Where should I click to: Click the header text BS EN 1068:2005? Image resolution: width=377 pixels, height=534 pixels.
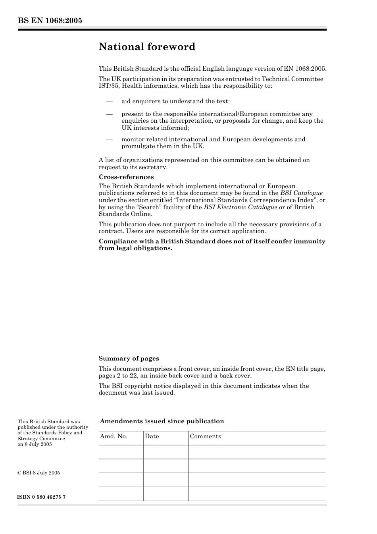coord(50,21)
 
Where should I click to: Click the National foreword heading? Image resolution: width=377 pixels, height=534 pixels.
coord(147,47)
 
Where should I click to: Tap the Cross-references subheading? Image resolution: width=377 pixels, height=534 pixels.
coord(126,177)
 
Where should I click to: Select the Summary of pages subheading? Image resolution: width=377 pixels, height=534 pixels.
coord(129,359)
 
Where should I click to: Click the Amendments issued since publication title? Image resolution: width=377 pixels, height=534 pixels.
coord(162,421)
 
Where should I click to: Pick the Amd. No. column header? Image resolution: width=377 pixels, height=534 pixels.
coord(113,436)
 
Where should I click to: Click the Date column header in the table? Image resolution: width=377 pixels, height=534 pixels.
coord(152,436)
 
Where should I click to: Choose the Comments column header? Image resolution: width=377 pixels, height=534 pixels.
coord(205,436)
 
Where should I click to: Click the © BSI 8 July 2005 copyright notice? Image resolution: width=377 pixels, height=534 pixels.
coord(39,473)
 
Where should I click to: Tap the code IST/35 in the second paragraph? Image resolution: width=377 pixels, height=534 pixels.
coord(108,86)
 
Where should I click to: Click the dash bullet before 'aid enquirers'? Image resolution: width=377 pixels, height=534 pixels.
coord(110,102)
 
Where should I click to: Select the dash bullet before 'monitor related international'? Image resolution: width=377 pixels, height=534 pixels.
coord(110,139)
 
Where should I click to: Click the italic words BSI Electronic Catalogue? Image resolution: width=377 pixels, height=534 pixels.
coord(240,207)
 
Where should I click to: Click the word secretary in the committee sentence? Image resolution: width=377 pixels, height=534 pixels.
coord(152,167)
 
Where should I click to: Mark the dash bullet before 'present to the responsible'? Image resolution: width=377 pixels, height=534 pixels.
coord(110,114)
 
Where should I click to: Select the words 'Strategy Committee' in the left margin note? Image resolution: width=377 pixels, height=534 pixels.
coord(41,439)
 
